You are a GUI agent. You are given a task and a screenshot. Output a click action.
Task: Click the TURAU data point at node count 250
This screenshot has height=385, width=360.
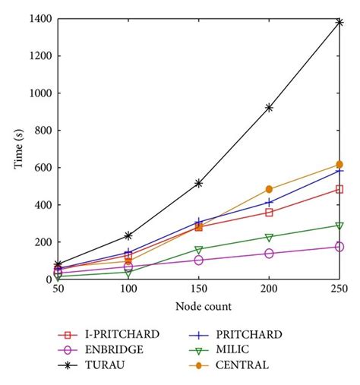(x=339, y=23)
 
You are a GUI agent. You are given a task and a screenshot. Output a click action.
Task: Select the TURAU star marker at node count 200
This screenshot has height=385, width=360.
(x=269, y=108)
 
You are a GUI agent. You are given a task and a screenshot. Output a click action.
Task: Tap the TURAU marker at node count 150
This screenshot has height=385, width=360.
(x=199, y=183)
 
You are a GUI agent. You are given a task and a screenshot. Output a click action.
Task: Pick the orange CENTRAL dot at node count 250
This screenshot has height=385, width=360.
(x=339, y=165)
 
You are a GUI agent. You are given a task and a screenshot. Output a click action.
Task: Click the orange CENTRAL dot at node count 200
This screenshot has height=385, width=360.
(x=269, y=189)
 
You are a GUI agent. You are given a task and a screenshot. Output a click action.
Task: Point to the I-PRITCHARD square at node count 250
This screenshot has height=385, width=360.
(x=339, y=189)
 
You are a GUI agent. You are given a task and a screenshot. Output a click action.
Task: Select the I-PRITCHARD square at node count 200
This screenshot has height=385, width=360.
(x=269, y=213)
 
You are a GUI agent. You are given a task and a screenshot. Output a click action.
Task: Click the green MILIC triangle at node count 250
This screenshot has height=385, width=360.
(x=339, y=226)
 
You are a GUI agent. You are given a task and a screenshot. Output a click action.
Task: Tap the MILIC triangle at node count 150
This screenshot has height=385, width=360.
(x=199, y=250)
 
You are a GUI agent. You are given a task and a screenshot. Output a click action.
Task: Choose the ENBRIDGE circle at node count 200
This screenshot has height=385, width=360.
(x=269, y=254)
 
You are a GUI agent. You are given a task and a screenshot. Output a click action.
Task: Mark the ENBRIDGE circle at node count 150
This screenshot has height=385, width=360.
(x=199, y=260)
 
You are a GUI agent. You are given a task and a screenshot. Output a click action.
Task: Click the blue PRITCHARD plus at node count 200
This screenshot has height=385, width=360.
(x=269, y=202)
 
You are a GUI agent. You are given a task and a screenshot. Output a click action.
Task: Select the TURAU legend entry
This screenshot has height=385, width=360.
(x=91, y=365)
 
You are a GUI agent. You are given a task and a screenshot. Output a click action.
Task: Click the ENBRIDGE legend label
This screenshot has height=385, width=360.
(x=114, y=350)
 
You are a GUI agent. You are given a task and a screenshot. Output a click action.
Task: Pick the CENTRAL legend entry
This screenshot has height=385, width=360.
(x=229, y=365)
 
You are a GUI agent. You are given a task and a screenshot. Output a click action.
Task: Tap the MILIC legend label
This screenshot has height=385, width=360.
(x=232, y=349)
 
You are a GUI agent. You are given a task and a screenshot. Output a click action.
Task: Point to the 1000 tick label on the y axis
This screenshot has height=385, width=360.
(x=41, y=93)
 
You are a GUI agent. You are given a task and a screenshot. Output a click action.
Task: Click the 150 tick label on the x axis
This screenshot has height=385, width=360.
(x=199, y=289)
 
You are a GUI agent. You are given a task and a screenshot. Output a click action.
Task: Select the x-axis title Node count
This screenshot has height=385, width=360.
(x=204, y=306)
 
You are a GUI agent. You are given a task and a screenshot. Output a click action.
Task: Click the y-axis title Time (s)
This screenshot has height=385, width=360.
(x=18, y=149)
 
